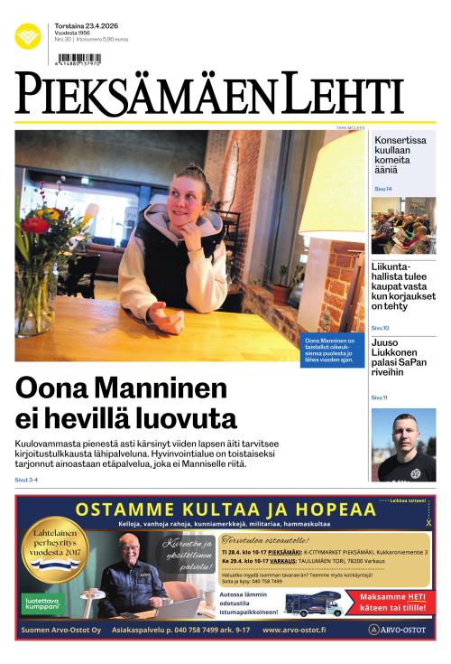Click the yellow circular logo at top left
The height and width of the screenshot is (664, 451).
28,36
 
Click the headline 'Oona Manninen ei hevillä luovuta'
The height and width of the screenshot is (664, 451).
126,404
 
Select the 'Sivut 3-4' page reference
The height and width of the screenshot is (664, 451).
26,479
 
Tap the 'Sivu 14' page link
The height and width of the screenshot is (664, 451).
382,189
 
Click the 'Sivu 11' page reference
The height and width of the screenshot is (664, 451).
379,397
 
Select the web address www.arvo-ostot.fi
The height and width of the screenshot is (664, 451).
294,630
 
